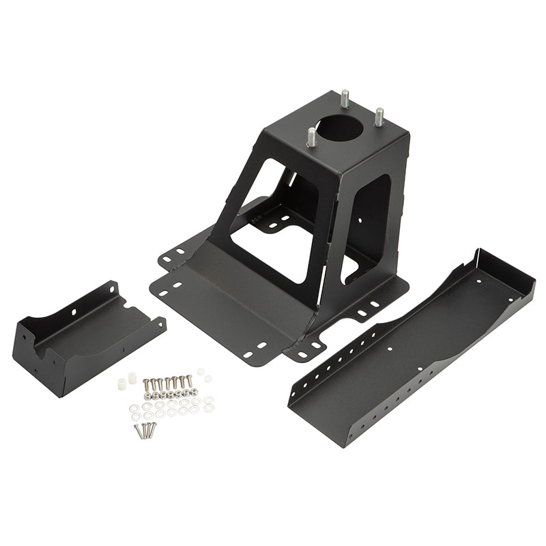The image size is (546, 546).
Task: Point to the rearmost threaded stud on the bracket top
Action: tap(345, 98)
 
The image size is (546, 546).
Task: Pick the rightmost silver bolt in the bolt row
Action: tap(190, 380)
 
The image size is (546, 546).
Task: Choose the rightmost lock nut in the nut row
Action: tap(194, 392)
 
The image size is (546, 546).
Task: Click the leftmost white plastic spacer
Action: tap(122, 385)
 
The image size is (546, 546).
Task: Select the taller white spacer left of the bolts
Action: tap(132, 377)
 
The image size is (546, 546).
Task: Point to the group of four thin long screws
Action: tap(145, 430)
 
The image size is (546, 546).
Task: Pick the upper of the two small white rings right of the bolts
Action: tap(201, 371)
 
